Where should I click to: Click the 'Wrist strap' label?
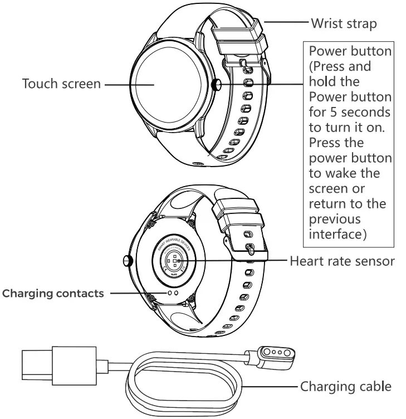(x=344, y=24)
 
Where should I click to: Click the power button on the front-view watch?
(x=216, y=84)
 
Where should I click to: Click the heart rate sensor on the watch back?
(x=174, y=260)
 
